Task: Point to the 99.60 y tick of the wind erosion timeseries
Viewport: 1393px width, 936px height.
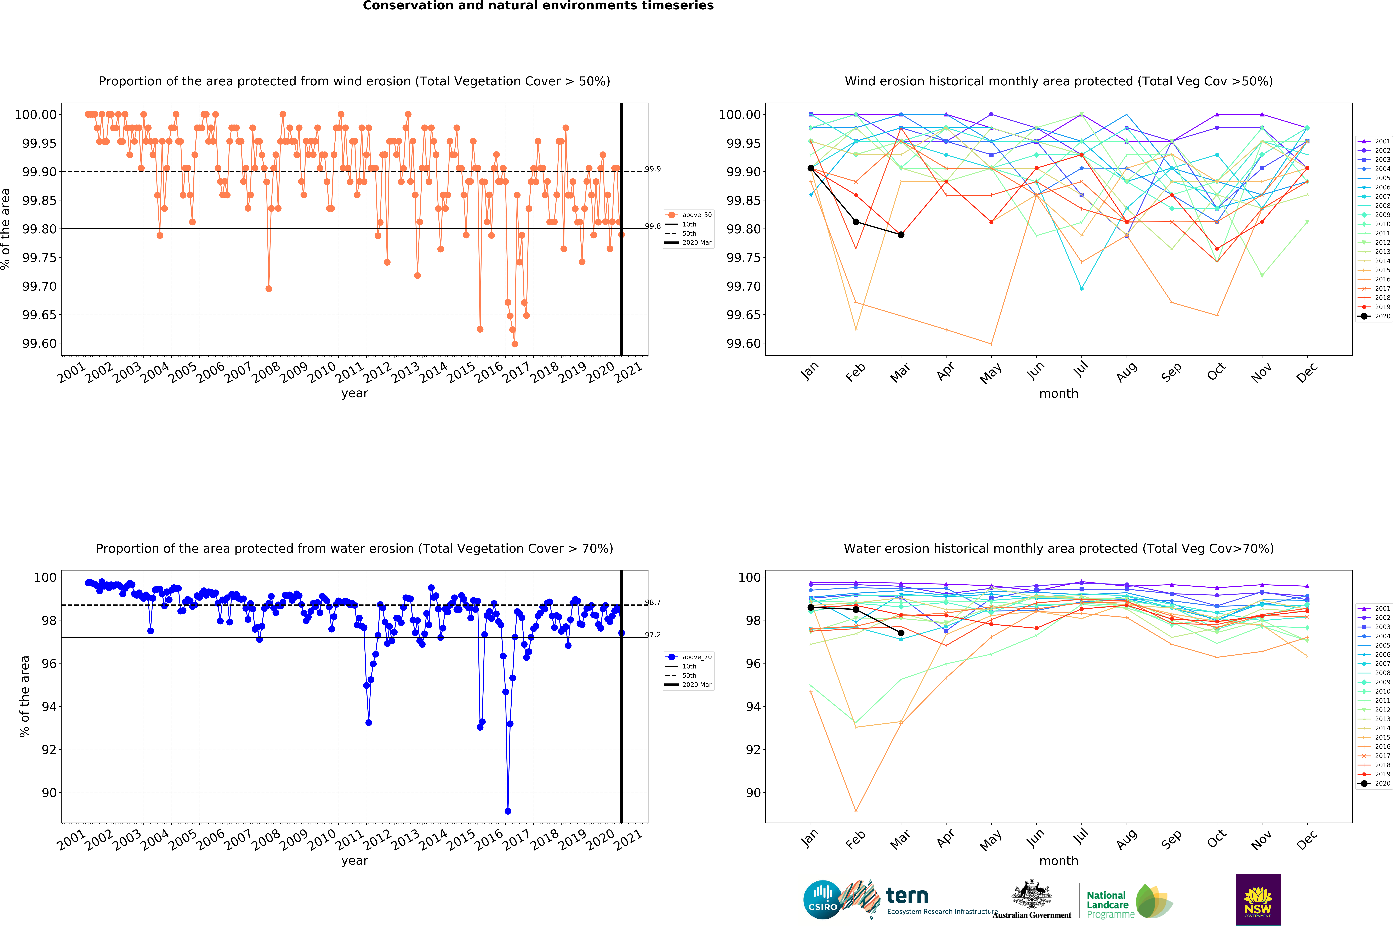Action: pos(39,344)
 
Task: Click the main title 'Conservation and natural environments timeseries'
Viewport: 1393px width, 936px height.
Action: pos(538,6)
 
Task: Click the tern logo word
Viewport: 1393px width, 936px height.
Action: pos(907,896)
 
